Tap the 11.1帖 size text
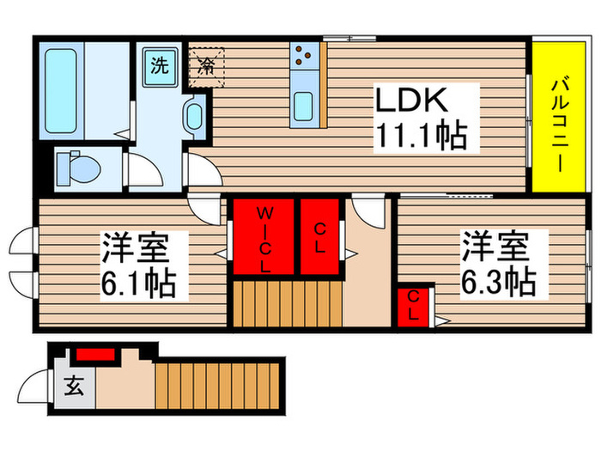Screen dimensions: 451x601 click(419, 135)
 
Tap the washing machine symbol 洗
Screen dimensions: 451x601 click(161, 64)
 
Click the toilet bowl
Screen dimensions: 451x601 click(77, 168)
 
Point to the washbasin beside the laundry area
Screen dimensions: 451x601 click(194, 115)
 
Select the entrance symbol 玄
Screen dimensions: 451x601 click(73, 387)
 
